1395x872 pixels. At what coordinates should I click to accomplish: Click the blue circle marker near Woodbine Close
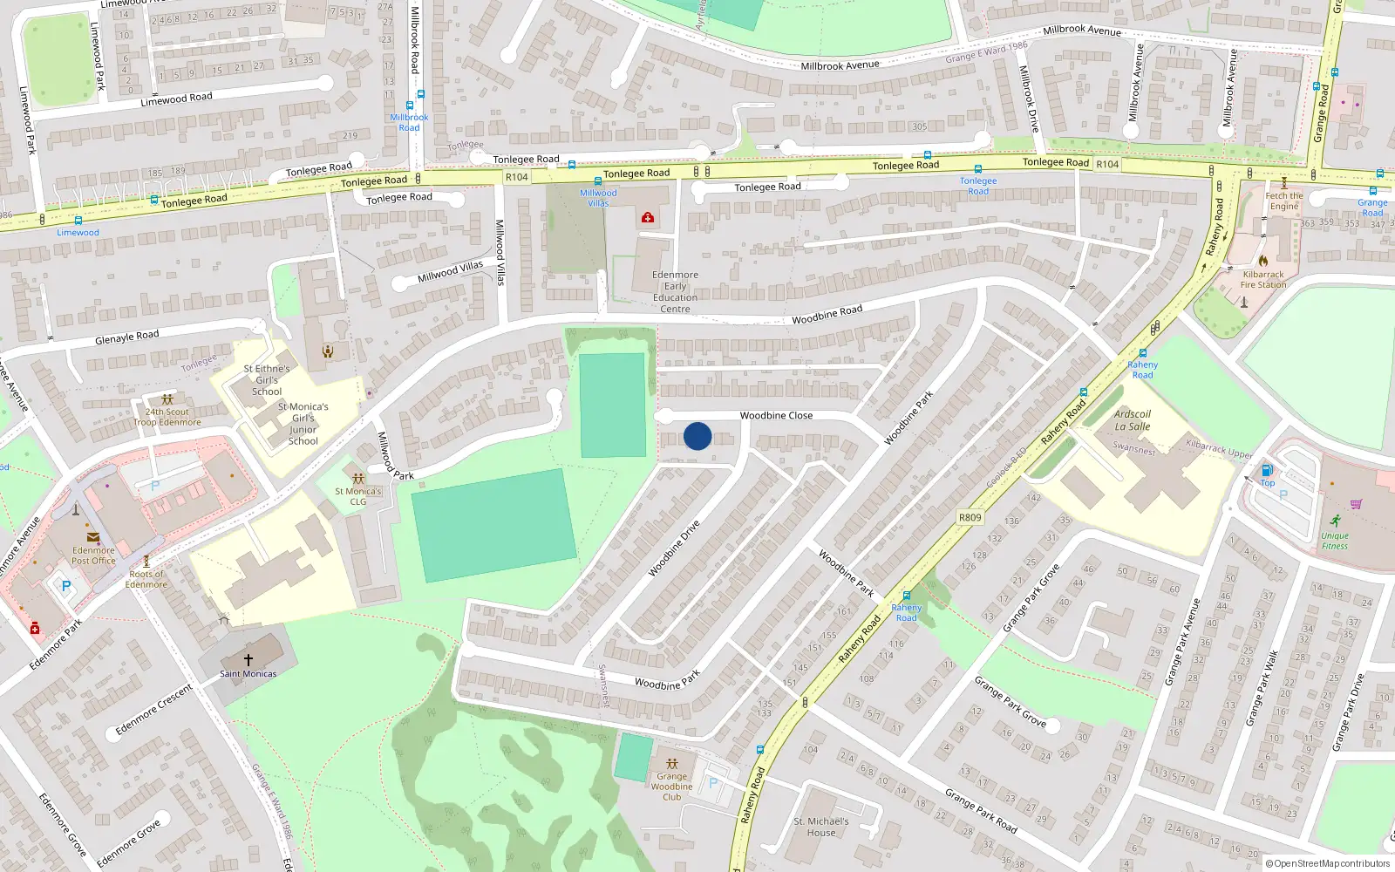pos(697,436)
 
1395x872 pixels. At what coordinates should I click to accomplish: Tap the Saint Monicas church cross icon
pos(248,660)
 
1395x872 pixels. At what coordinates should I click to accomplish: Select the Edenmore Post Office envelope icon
pos(92,537)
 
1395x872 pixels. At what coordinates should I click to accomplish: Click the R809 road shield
pos(970,517)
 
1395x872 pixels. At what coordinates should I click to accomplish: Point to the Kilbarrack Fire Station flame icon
pos(1262,260)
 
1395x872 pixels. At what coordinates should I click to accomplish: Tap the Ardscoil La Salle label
pos(1133,420)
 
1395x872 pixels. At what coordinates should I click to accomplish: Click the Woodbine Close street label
pos(776,416)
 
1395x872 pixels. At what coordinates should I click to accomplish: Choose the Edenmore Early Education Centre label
pos(675,291)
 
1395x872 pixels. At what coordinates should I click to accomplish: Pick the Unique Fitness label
pos(1334,541)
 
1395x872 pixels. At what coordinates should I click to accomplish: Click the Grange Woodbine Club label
pos(671,787)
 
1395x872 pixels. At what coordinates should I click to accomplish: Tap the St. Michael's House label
pos(820,827)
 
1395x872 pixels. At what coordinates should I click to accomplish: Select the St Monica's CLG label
pos(358,496)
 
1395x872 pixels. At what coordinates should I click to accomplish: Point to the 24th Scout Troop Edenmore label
pos(167,417)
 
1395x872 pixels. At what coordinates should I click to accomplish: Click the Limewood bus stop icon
pos(78,221)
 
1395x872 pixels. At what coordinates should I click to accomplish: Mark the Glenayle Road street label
pos(127,337)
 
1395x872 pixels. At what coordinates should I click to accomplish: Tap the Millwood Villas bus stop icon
pos(598,181)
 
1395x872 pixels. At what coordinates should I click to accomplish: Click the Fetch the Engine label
pos(1284,201)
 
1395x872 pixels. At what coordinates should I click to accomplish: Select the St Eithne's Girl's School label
pos(267,380)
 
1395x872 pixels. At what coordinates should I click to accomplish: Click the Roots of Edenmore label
pos(146,579)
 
